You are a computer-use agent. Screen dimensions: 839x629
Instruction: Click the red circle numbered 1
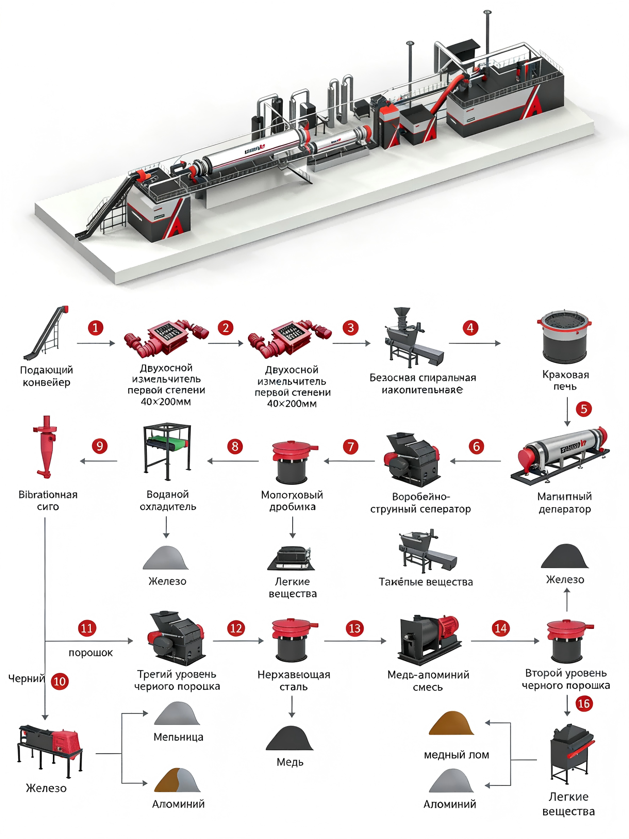[95, 327]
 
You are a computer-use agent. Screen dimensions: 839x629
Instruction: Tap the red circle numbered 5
[584, 409]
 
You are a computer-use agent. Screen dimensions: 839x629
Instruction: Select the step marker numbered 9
[100, 446]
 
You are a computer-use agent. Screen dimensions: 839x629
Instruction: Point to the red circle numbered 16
[584, 703]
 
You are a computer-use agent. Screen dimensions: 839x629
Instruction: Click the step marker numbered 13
[354, 629]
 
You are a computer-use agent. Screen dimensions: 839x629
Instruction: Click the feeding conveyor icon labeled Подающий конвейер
[46, 333]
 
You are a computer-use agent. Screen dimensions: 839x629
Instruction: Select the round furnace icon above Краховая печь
[564, 336]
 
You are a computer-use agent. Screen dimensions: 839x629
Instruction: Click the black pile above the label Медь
[290, 739]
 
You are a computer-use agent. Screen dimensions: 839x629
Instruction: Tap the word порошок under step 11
[90, 653]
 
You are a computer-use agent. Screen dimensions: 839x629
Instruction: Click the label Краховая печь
[565, 380]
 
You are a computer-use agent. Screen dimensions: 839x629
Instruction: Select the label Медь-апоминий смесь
[428, 681]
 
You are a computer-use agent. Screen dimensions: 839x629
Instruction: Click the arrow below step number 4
[475, 343]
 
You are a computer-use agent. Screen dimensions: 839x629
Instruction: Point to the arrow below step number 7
[349, 461]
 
